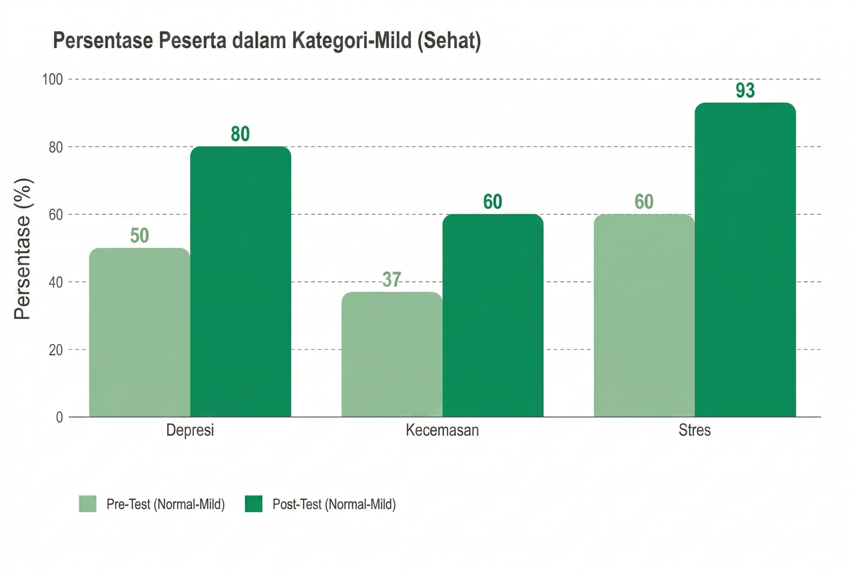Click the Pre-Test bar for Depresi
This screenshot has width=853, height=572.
pyautogui.click(x=140, y=332)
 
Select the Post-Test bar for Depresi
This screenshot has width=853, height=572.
pyautogui.click(x=241, y=282)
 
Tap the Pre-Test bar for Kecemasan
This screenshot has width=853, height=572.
pyautogui.click(x=392, y=354)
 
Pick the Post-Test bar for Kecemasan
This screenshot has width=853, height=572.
pyautogui.click(x=493, y=315)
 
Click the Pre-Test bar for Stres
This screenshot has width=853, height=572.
pyautogui.click(x=644, y=315)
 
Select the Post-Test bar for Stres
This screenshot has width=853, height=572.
pyautogui.click(x=745, y=260)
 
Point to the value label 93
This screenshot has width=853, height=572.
pyautogui.click(x=745, y=90)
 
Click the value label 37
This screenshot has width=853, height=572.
pyautogui.click(x=391, y=279)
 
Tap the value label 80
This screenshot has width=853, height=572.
pyautogui.click(x=240, y=134)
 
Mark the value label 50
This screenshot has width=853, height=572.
pyautogui.click(x=140, y=235)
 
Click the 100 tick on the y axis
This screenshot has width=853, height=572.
pyautogui.click(x=53, y=80)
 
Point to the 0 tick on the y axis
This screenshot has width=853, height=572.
pyautogui.click(x=59, y=417)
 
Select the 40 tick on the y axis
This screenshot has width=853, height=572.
pyautogui.click(x=56, y=282)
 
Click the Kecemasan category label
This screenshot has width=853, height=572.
pyautogui.click(x=442, y=430)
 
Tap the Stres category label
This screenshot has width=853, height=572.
pyautogui.click(x=695, y=430)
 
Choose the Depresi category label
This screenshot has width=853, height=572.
pyautogui.click(x=190, y=430)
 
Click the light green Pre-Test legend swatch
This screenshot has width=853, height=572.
pyautogui.click(x=88, y=504)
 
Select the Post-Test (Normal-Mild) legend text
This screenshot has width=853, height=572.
pyautogui.click(x=334, y=504)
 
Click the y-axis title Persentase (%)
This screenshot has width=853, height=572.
pyautogui.click(x=23, y=249)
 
